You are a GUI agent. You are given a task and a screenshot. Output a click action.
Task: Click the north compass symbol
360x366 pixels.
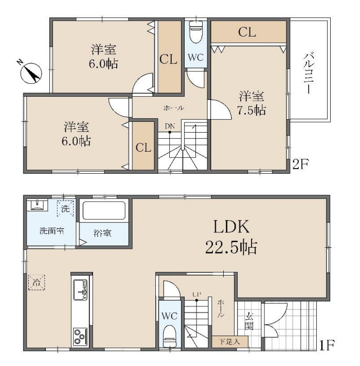[31, 72]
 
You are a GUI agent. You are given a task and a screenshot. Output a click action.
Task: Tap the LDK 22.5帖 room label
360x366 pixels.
[231, 237]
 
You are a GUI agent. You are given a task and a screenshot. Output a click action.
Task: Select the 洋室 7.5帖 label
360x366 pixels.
[251, 103]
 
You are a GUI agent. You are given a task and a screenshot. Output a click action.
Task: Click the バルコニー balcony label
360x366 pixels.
[309, 73]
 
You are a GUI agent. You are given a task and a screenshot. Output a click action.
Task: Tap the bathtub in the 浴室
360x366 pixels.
[104, 211]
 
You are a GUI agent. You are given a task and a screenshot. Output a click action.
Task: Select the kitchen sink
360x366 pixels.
[80, 290]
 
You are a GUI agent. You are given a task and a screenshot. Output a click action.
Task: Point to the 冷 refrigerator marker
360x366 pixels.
[37, 282]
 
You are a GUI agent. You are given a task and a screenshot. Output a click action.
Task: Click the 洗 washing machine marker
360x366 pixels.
[65, 208]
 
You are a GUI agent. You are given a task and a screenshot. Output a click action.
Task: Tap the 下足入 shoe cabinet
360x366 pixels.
[230, 342]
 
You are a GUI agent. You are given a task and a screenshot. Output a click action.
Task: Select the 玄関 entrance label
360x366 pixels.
[249, 321]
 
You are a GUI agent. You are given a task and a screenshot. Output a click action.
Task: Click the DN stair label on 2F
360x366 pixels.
[170, 126]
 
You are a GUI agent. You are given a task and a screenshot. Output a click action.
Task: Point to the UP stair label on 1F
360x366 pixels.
[196, 295]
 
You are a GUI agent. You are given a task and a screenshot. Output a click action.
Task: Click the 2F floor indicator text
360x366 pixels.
[300, 164]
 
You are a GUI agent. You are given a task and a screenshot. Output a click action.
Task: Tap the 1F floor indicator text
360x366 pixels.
[327, 345]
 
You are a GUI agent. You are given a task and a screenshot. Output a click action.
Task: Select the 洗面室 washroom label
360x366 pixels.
[51, 231]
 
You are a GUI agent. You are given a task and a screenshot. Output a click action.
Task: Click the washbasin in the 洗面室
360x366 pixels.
[37, 205]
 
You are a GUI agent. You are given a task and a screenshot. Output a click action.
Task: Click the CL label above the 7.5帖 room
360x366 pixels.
[247, 32]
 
